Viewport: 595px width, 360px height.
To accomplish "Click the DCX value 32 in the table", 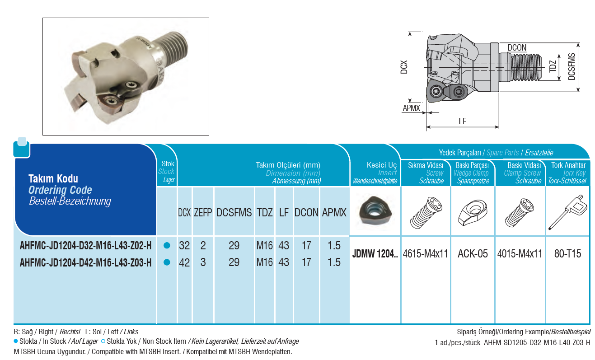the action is tap(184, 245).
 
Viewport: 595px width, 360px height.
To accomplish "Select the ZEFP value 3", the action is tap(203, 262).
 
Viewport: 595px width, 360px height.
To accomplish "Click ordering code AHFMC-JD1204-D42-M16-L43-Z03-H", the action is tap(85, 262).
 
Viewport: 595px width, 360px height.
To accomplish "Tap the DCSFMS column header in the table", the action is tap(234, 213).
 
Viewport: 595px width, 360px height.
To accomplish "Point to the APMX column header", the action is tap(334, 213).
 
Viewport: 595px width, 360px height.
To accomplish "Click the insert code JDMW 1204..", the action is tap(375, 254).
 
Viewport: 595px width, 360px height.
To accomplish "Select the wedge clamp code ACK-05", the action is tap(473, 254).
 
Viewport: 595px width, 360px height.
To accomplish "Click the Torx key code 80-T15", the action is tap(567, 254).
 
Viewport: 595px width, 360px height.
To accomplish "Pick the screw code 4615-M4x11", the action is tap(425, 254).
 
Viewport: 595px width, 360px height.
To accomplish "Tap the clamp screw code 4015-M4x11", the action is tap(520, 254).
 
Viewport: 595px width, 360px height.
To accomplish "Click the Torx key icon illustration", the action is tap(567, 212).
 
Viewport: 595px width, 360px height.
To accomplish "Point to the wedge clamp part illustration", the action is tap(473, 213).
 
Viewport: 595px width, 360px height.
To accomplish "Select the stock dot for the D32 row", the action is tap(167, 245).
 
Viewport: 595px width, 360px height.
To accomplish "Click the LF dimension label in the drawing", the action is tap(463, 122).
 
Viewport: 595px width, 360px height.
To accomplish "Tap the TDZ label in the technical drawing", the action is tap(553, 66).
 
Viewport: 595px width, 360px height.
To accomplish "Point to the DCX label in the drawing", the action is tap(404, 67).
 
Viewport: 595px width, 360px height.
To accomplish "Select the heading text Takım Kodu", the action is tap(53, 179).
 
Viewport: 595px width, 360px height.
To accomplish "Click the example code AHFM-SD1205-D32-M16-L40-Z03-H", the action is tap(537, 342).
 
